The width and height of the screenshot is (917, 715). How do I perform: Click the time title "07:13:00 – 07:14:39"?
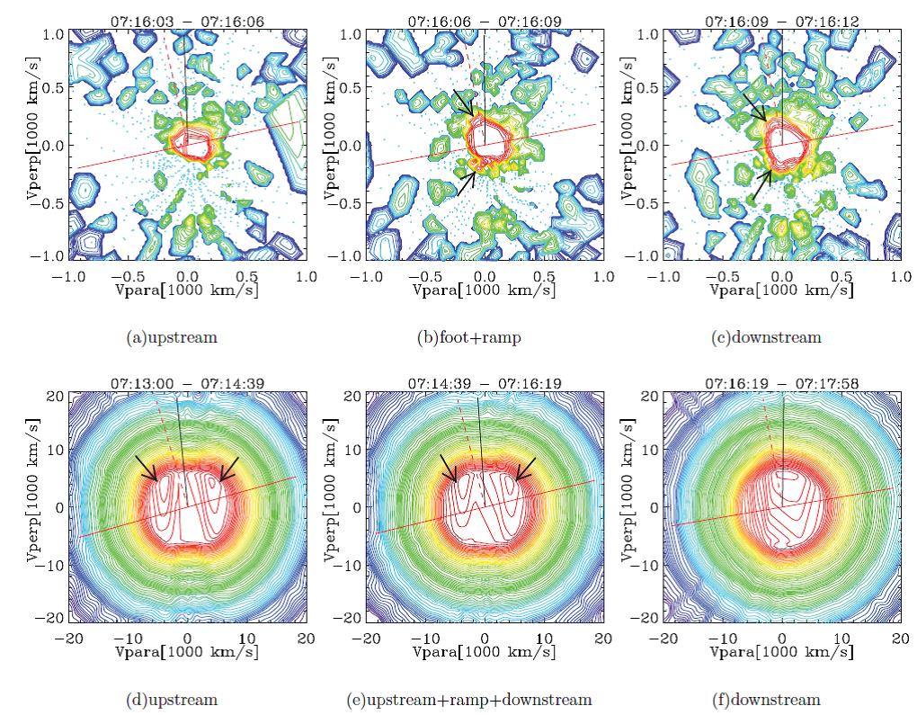pos(185,383)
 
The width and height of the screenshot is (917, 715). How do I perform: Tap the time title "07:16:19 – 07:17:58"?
pos(781,383)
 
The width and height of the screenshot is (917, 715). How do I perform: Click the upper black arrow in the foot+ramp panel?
pos(464,102)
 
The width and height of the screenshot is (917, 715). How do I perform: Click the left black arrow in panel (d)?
pos(147,468)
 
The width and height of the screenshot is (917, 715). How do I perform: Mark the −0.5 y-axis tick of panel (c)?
pos(649,203)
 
